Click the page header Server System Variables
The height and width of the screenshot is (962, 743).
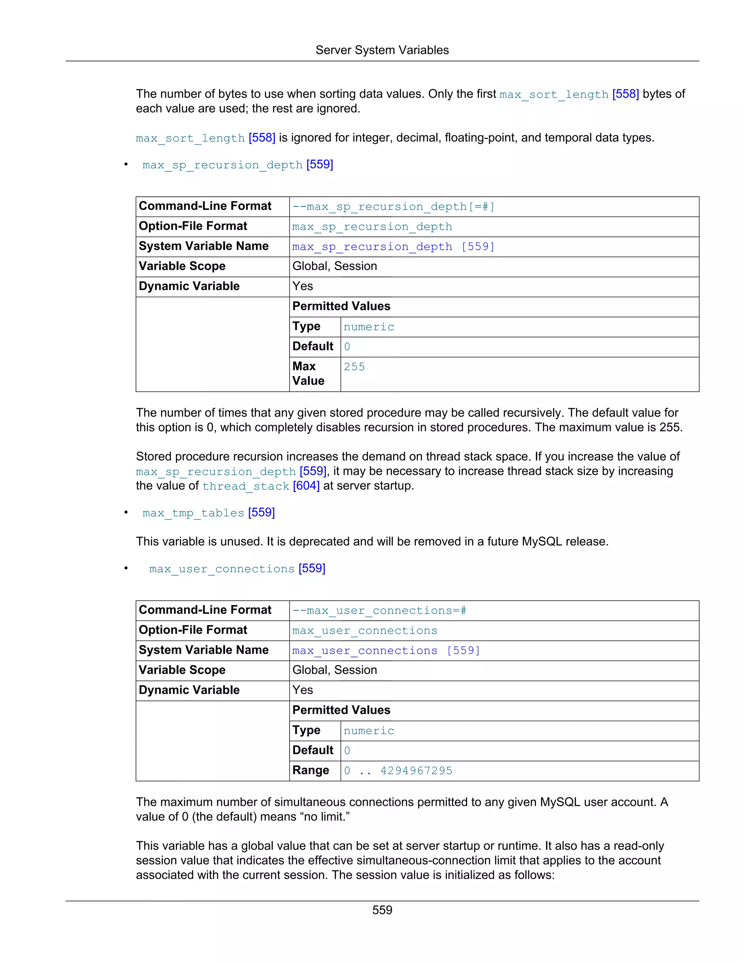pyautogui.click(x=382, y=50)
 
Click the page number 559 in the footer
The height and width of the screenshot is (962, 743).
pyautogui.click(x=382, y=910)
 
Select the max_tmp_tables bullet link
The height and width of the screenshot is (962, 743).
pyautogui.click(x=193, y=513)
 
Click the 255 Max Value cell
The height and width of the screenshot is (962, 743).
pyautogui.click(x=354, y=367)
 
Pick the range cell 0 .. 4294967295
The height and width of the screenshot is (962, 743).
pyautogui.click(x=398, y=771)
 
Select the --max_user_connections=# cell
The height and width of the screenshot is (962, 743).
pyautogui.click(x=379, y=611)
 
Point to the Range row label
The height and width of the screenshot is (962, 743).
pyautogui.click(x=311, y=770)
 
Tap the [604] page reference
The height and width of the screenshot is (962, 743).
pyautogui.click(x=306, y=486)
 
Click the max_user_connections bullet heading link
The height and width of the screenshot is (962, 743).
pyautogui.click(x=222, y=568)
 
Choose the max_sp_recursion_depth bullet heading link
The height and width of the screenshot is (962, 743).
pyautogui.click(x=222, y=165)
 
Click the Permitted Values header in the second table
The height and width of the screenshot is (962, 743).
pyautogui.click(x=341, y=710)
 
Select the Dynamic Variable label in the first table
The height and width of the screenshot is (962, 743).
pyautogui.click(x=189, y=286)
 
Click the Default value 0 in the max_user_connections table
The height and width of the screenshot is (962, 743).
pyautogui.click(x=347, y=751)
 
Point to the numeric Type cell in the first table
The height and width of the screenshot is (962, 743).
pyautogui.click(x=369, y=327)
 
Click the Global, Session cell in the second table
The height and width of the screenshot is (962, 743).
pyautogui.click(x=334, y=670)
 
